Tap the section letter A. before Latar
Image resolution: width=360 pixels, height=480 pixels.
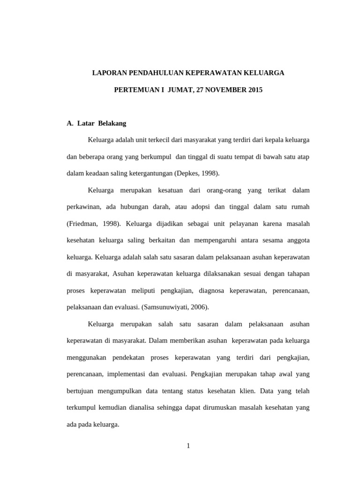(70, 124)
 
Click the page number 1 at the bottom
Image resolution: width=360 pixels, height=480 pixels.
(188, 446)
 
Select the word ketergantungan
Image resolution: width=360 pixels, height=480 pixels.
(149, 173)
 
